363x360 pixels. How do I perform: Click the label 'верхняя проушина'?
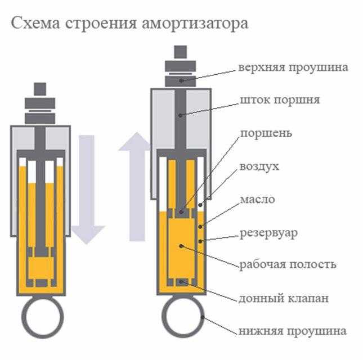tap(293, 67)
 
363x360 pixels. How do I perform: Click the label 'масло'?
tap(257, 199)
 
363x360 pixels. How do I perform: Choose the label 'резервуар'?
tap(268, 232)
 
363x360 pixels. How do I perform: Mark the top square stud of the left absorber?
tap(40, 89)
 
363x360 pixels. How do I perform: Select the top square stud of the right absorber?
tap(181, 52)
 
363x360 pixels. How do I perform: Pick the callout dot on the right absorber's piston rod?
tap(181, 115)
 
